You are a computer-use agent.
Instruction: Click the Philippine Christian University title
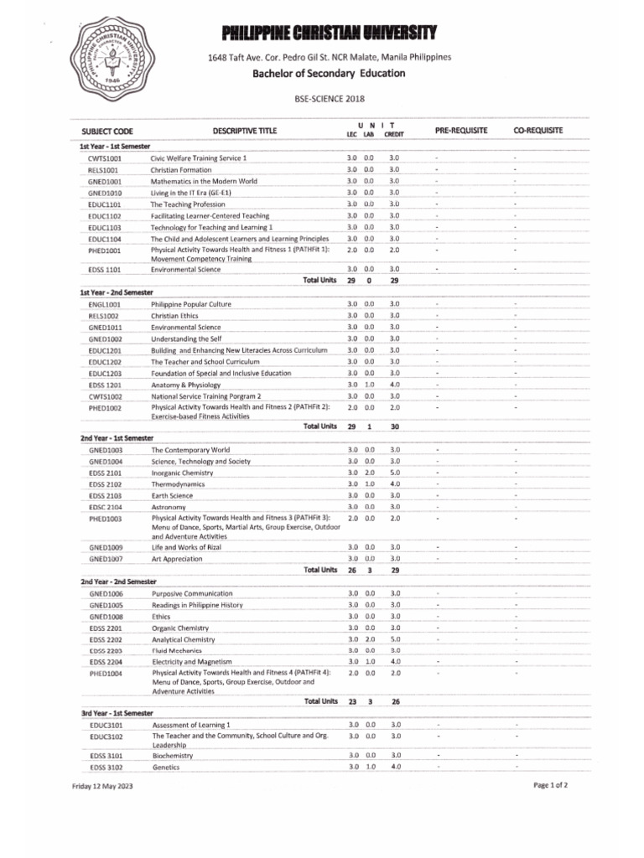pos(329,33)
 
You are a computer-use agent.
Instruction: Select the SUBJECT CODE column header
pos(107,132)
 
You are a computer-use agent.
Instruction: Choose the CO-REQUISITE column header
pos(537,131)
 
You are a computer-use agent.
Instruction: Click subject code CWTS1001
pos(105,158)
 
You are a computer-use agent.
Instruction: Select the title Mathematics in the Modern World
pos(203,181)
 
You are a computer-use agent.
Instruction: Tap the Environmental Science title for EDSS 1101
pos(185,270)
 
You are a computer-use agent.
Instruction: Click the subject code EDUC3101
pos(106,724)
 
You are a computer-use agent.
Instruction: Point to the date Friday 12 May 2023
pos(101,787)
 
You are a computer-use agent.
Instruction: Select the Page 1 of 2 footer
pos(550,785)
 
